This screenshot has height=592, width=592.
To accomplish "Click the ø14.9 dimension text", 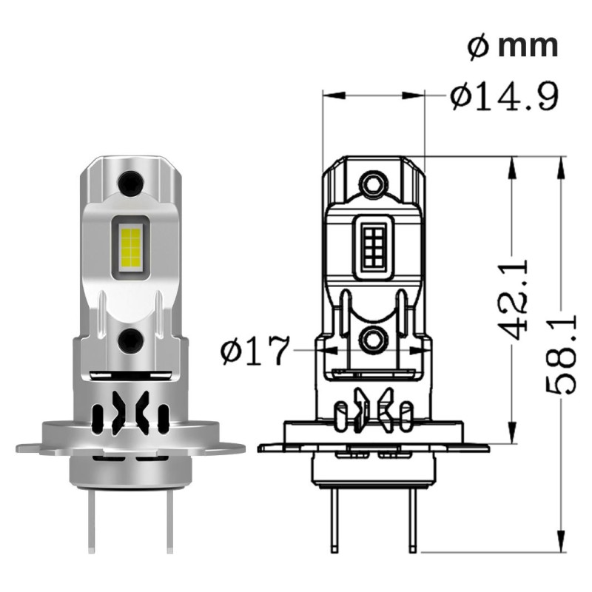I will click(x=503, y=96).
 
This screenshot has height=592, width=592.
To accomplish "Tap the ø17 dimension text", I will click(x=254, y=352).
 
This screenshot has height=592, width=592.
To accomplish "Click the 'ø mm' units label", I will click(x=513, y=47).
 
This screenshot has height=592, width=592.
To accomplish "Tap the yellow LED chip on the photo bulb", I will click(x=130, y=246).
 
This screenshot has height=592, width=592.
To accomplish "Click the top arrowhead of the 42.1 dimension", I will click(x=511, y=166).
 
